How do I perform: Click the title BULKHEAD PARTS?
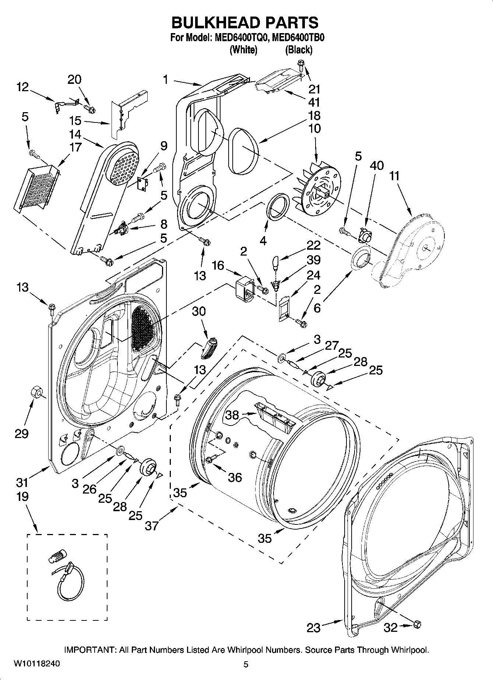click(245, 23)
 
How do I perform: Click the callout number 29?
click(21, 434)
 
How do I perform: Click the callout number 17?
click(75, 147)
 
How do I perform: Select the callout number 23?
click(314, 627)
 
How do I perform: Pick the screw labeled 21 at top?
click(300, 65)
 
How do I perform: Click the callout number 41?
click(314, 102)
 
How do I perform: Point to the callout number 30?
click(199, 311)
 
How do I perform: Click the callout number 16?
click(218, 265)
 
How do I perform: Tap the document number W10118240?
click(36, 663)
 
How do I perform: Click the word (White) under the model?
click(243, 50)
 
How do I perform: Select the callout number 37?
click(151, 526)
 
